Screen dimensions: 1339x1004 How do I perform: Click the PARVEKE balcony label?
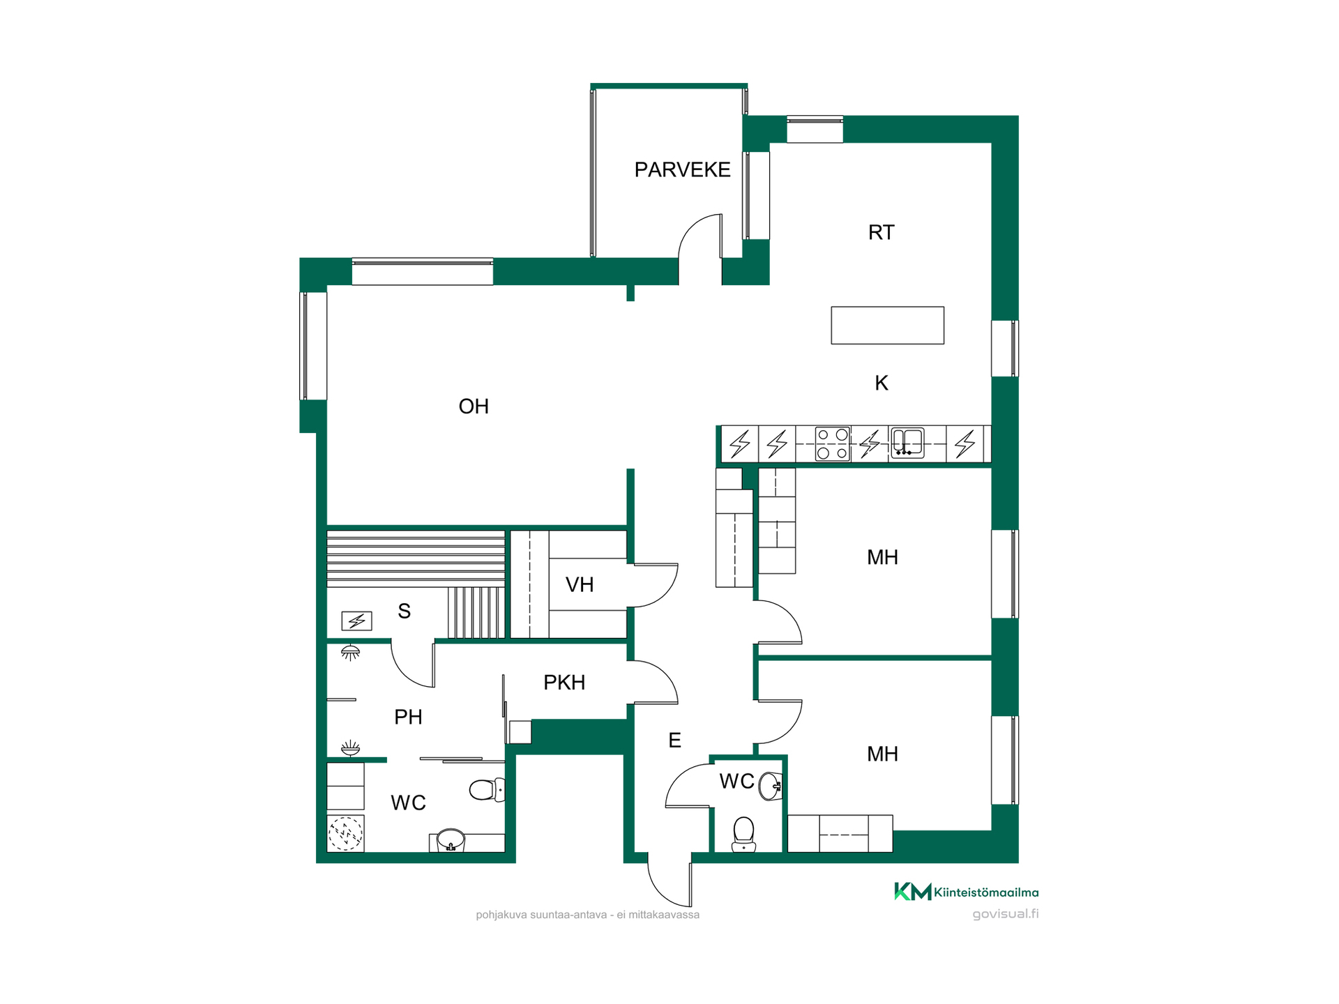pos(682,169)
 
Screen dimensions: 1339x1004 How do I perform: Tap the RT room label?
pos(881,232)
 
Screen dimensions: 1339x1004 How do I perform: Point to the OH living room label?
pos(474,406)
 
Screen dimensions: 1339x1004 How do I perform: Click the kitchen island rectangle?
pos(887,325)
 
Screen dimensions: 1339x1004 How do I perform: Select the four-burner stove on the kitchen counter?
pos(833,443)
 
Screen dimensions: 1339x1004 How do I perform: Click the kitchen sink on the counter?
pos(907,443)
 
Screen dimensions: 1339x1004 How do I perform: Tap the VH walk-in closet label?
pos(580,584)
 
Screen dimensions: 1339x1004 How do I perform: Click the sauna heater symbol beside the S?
pos(356,621)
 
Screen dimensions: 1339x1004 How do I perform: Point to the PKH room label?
pos(564,683)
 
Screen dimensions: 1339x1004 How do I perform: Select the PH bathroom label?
pos(408,717)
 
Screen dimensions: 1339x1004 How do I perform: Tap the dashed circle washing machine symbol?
pos(345,833)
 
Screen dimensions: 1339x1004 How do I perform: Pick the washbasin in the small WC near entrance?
pos(770,786)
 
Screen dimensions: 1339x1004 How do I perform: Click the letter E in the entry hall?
pos(674,740)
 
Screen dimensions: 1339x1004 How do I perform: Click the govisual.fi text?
pos(1006,914)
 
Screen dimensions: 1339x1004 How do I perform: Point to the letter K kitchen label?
pos(882,383)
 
